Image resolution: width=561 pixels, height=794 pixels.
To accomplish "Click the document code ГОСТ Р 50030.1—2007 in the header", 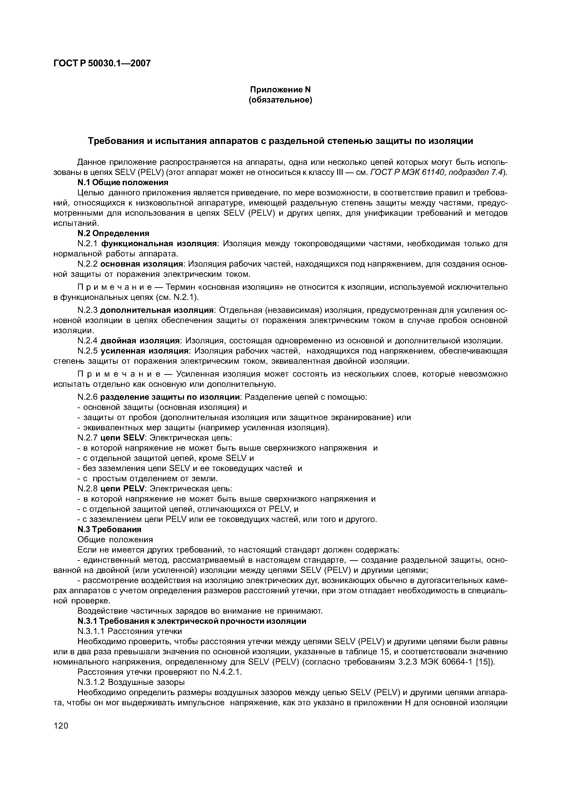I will click(x=102, y=63).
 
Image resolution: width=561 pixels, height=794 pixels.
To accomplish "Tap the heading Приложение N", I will click(x=280, y=90).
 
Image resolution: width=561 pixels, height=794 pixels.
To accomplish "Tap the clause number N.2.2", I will click(x=88, y=264).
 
